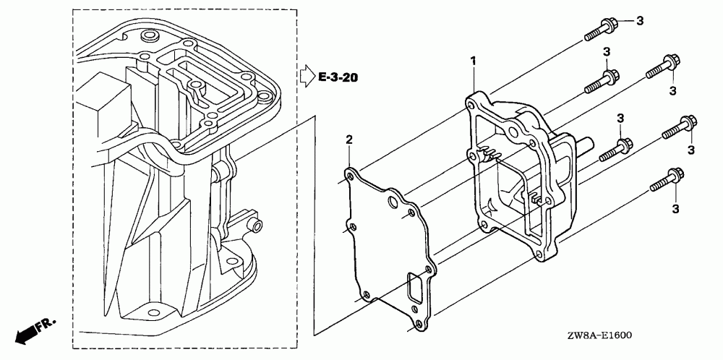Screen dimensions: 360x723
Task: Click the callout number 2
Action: (348, 139)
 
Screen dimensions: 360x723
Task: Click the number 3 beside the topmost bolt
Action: (639, 22)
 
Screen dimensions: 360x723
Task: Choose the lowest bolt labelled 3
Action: (667, 179)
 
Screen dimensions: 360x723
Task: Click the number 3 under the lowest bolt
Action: (676, 209)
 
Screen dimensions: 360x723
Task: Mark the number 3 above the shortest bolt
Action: (620, 119)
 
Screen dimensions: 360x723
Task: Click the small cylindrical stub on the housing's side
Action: (254, 226)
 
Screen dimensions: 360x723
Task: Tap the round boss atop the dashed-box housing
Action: (150, 35)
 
